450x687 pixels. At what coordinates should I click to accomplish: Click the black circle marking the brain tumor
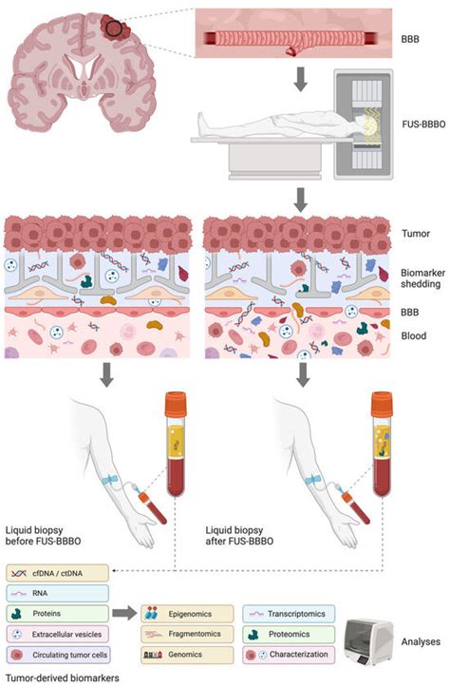coord(114,28)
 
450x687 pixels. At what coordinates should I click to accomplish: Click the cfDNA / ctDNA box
coord(57,572)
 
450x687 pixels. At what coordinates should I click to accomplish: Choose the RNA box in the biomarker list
coord(57,592)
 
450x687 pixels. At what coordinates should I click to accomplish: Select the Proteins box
coord(57,613)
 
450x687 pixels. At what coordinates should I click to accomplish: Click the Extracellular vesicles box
coord(57,633)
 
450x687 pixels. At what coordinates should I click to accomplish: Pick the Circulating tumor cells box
coord(57,654)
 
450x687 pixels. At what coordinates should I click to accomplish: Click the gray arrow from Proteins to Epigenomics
coord(122,614)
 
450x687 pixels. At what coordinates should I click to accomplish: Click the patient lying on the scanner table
coord(275,123)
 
